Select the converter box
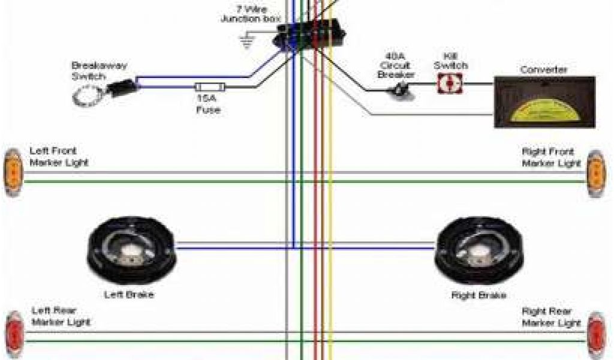[x=544, y=102]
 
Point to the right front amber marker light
[x=595, y=172]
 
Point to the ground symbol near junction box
[x=245, y=41]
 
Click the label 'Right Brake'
[x=478, y=295]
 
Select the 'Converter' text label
[x=543, y=70]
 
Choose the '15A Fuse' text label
[x=208, y=104]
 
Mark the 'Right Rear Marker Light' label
[x=551, y=317]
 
